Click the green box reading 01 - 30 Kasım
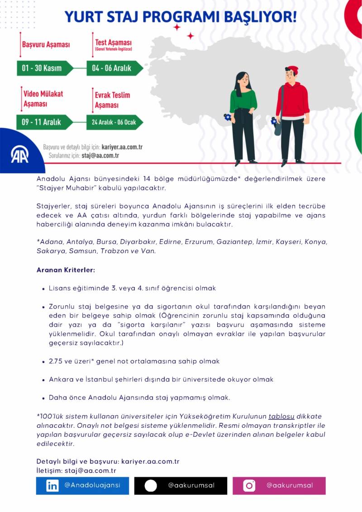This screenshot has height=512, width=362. (42, 68)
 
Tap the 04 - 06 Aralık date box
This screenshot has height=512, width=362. (112, 68)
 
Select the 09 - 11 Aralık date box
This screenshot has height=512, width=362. (42, 122)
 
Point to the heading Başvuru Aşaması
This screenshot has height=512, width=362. (46, 44)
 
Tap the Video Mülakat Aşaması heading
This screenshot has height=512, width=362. (43, 99)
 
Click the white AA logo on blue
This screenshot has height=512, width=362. (19, 155)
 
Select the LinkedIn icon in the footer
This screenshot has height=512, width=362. (52, 486)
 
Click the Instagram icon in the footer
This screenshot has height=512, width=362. (249, 486)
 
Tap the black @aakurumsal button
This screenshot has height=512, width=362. (180, 486)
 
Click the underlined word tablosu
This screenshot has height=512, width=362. (281, 416)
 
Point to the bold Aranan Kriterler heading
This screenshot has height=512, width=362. (66, 270)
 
